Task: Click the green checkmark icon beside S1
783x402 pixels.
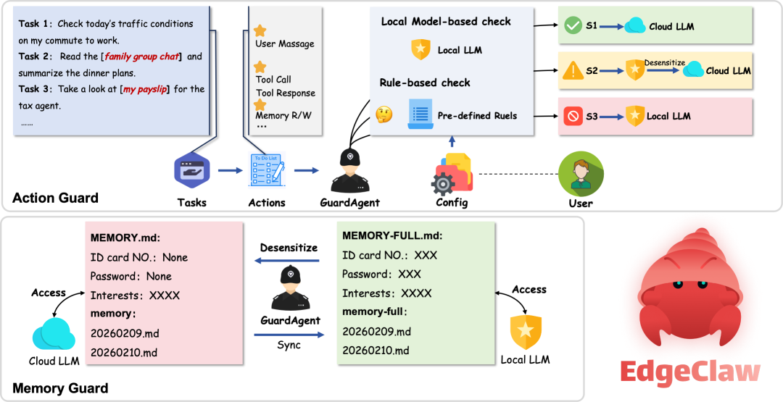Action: (572, 27)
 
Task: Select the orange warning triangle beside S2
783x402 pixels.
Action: (572, 71)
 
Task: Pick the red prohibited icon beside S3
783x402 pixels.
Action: (572, 116)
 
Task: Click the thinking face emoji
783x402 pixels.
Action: (384, 114)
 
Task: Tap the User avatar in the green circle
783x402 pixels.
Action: (581, 174)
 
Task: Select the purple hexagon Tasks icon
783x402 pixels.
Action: (191, 171)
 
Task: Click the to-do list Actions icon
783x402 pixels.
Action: (267, 171)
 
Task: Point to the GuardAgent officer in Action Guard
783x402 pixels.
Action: (350, 170)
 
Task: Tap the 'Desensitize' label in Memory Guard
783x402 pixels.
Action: (289, 248)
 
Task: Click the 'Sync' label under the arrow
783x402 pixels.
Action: (289, 345)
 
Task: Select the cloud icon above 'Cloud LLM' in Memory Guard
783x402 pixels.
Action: (52, 334)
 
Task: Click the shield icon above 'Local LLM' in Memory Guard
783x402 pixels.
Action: (525, 332)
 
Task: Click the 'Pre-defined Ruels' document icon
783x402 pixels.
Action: (420, 115)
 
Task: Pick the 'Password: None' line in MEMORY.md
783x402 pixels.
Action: (130, 276)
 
